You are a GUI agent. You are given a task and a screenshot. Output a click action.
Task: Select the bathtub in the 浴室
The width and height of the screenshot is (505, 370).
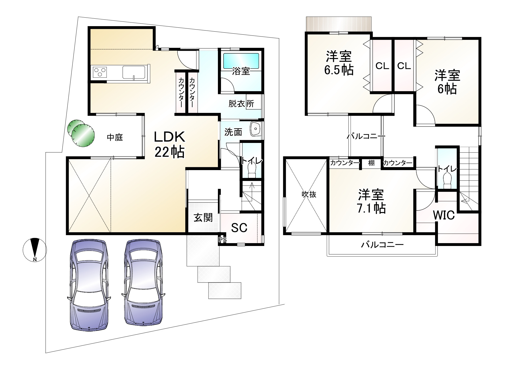click(x=241, y=61)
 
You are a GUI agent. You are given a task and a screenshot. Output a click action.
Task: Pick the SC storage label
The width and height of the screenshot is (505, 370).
click(x=239, y=228)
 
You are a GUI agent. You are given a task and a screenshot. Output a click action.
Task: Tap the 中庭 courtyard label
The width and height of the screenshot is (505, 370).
click(x=115, y=137)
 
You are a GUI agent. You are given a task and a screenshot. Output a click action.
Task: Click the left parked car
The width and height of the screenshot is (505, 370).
click(x=89, y=285)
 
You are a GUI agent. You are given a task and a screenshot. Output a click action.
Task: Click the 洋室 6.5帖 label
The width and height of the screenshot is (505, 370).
click(x=339, y=63)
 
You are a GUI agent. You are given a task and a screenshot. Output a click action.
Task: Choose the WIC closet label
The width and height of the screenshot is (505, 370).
click(x=444, y=215)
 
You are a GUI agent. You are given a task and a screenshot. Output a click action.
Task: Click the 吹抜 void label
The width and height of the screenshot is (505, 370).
click(x=309, y=194)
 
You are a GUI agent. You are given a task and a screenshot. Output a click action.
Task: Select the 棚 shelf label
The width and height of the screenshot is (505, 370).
click(x=371, y=163)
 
